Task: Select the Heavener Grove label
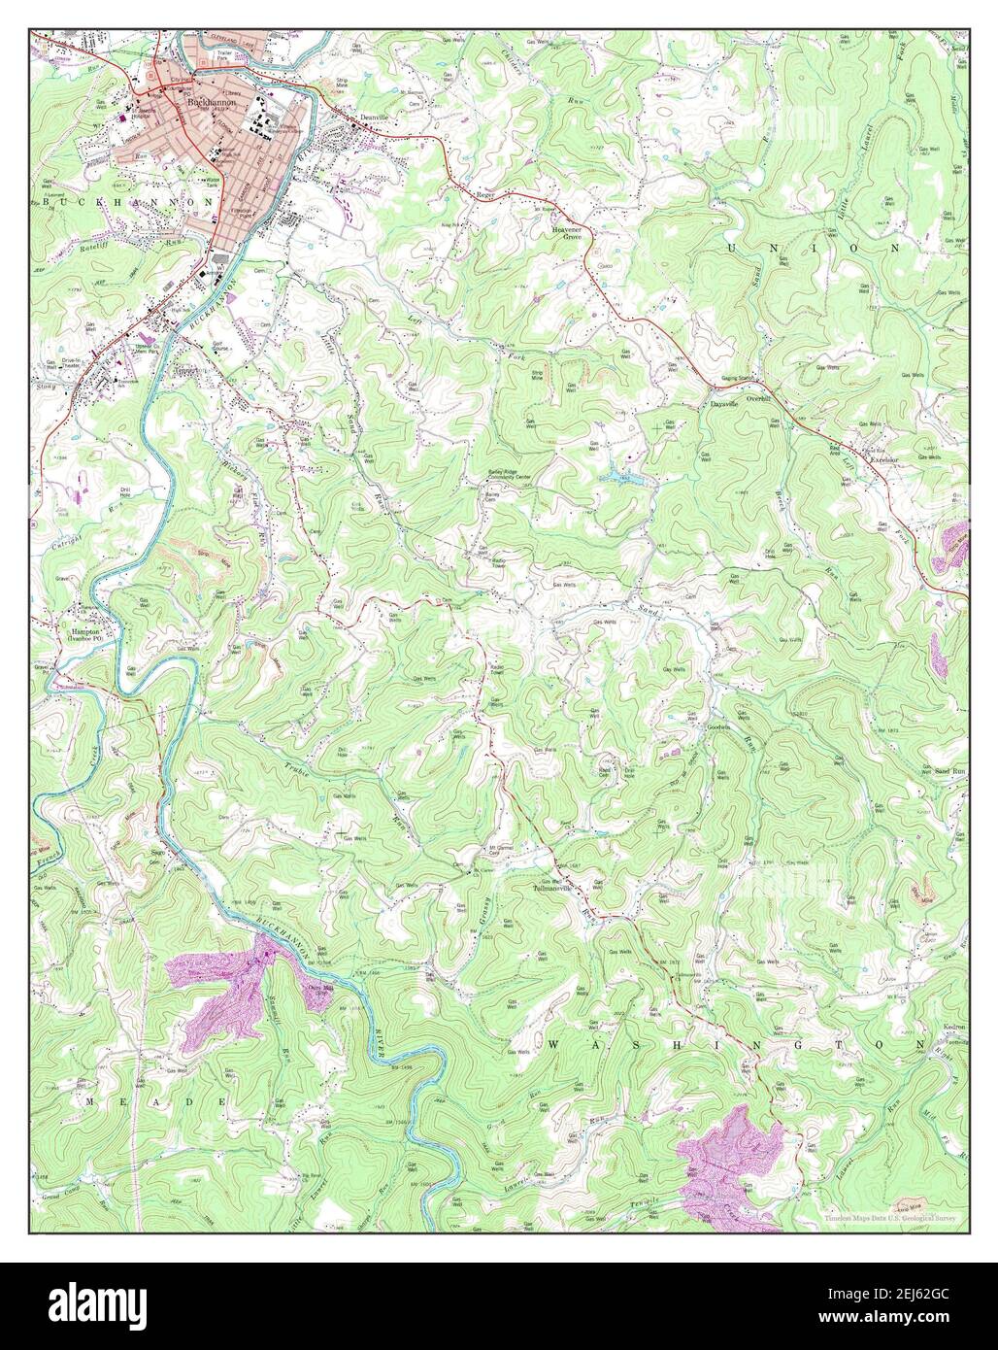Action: [x=567, y=232]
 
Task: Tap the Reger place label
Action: [x=486, y=195]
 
